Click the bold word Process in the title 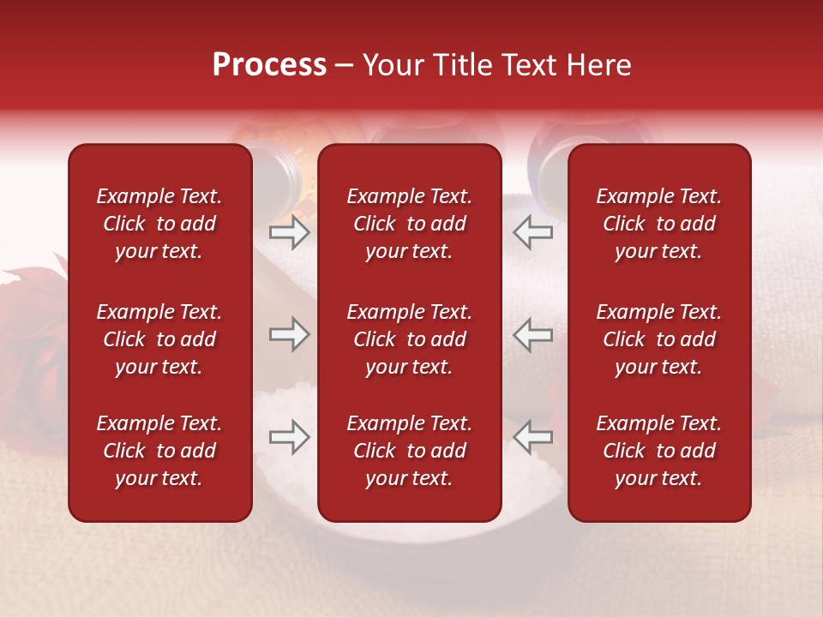(x=269, y=65)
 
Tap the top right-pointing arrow (x=289, y=232)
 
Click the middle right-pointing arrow (x=289, y=334)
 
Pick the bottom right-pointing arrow (x=289, y=437)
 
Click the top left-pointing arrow (x=533, y=232)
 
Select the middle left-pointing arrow (x=533, y=334)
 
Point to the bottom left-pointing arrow (x=533, y=437)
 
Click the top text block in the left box (x=159, y=224)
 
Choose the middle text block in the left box (x=159, y=339)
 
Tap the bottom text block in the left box (x=159, y=451)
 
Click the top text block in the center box (x=409, y=224)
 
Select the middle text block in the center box (x=409, y=339)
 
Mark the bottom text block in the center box (x=409, y=451)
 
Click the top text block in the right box (x=658, y=224)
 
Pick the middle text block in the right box (x=658, y=339)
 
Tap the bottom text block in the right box (x=658, y=451)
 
